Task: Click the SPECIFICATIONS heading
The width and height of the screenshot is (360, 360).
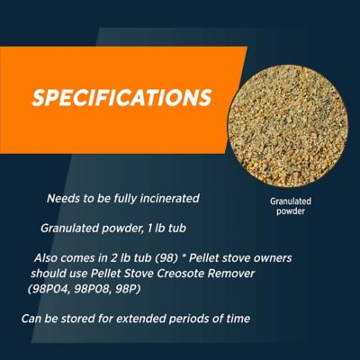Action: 121,97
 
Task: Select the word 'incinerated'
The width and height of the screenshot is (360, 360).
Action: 168,197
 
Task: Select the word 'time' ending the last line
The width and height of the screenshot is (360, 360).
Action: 232,319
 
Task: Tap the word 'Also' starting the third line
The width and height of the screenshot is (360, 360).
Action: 46,257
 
